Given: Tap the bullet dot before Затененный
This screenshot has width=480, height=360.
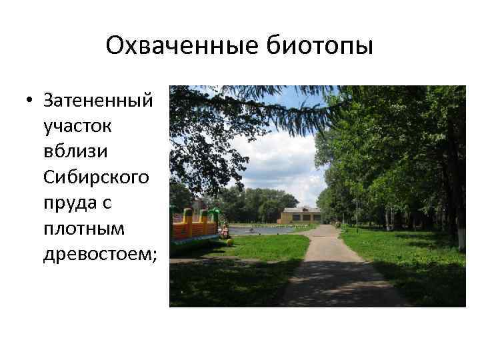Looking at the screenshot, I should point(29,101).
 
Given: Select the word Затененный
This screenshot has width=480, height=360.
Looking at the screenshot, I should point(97,101).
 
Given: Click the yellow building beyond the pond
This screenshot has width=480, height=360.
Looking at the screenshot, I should point(300,215).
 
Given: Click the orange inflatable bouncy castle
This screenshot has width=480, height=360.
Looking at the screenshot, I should point(194,226).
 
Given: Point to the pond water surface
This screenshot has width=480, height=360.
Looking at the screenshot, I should point(260,231).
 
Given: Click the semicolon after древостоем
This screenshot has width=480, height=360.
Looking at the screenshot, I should point(155,255).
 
